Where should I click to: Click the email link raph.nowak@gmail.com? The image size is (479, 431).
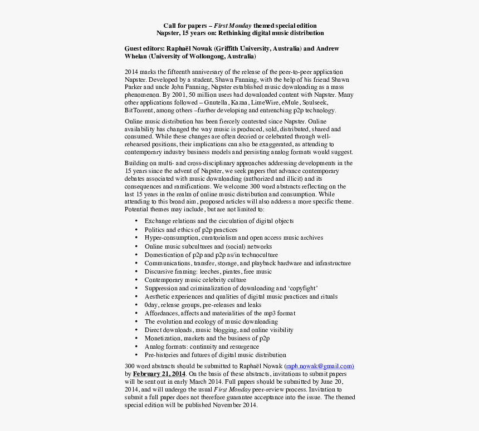coord(319,366)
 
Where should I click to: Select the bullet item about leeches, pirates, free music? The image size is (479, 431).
coord(208,271)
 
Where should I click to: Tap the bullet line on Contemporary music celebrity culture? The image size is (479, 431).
coord(195,280)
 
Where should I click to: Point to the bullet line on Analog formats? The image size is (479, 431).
coord(201,346)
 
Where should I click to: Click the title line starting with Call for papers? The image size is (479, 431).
coord(239,26)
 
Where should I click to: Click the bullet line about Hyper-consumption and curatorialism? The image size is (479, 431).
coord(233,237)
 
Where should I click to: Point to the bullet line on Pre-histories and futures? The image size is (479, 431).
coord(215,355)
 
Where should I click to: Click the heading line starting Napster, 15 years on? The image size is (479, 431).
coord(239,33)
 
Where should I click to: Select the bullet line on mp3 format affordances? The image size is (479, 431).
coord(219,313)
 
